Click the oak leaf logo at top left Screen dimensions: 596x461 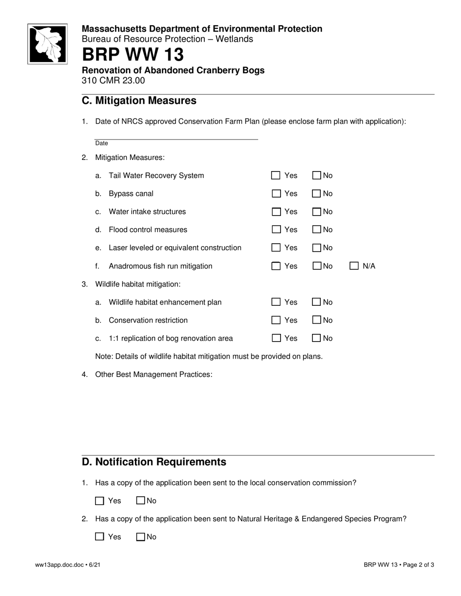(x=47, y=44)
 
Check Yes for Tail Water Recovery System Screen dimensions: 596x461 (x=276, y=175)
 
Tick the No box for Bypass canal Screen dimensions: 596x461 (x=317, y=194)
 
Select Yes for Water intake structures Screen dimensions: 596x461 (x=276, y=212)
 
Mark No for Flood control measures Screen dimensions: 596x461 (x=317, y=230)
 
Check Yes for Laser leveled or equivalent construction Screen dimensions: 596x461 (x=276, y=248)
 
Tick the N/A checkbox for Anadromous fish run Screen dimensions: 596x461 (x=354, y=266)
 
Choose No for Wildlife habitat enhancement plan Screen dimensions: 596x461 (x=317, y=302)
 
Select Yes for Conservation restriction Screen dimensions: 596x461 (x=276, y=320)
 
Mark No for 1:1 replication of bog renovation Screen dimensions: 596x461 (x=317, y=338)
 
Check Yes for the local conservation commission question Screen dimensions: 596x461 (x=100, y=501)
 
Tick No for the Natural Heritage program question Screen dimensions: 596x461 (x=141, y=537)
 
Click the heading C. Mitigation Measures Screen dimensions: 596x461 (x=139, y=101)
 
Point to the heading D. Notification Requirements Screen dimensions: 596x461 (x=154, y=462)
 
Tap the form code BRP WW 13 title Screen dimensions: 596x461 (x=133, y=55)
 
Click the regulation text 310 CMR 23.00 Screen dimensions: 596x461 (x=113, y=80)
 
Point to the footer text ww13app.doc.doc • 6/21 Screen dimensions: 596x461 (x=68, y=565)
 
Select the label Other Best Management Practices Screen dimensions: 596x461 (x=153, y=375)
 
